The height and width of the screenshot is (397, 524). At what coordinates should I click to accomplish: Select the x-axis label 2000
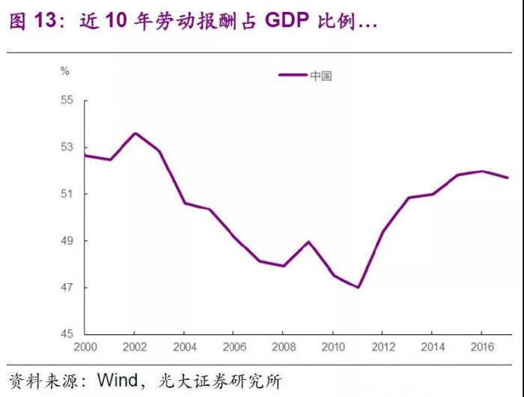(x=85, y=348)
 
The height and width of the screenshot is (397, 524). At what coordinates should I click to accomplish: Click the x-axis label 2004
(x=183, y=348)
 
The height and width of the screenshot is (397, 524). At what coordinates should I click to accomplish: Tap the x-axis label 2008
(x=283, y=348)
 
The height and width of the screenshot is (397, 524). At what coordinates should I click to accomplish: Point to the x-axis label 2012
(x=383, y=348)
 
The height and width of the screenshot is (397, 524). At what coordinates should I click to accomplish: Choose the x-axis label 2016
(x=481, y=348)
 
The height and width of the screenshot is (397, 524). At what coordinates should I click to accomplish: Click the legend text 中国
(x=321, y=76)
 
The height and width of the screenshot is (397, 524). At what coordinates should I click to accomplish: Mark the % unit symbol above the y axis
(x=64, y=71)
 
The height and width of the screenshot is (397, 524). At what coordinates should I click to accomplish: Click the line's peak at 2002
(x=135, y=133)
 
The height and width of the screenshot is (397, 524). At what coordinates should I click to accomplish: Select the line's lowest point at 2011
(x=358, y=288)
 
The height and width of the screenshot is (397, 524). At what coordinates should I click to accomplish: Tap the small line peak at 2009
(x=308, y=241)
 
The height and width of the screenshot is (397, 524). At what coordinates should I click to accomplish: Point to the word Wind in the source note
(x=118, y=381)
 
